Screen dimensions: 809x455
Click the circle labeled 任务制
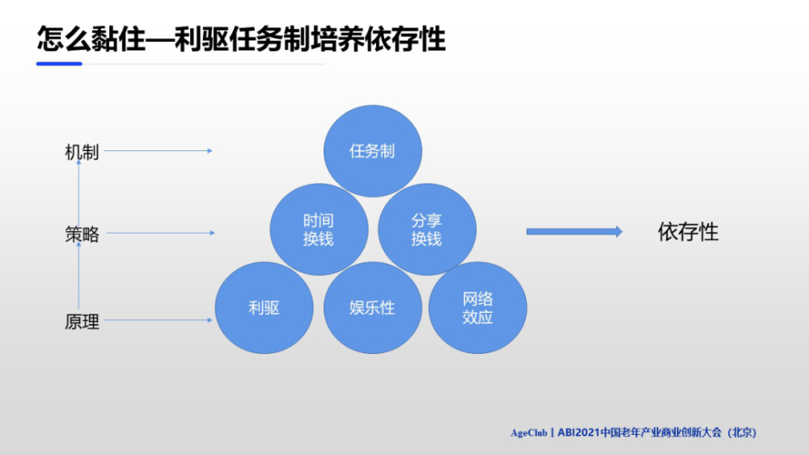click(x=372, y=151)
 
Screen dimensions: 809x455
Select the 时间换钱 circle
click(x=319, y=230)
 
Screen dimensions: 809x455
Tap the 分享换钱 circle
click(x=427, y=230)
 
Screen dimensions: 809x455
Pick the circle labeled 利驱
click(x=265, y=308)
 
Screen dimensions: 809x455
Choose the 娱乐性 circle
click(x=372, y=308)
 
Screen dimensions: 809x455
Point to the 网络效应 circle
click(x=478, y=308)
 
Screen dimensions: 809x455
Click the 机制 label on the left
click(x=82, y=153)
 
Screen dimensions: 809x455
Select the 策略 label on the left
click(x=82, y=234)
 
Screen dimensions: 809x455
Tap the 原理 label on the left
click(x=82, y=322)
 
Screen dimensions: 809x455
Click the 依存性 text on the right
click(x=688, y=232)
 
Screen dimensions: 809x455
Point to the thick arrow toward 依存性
click(x=574, y=232)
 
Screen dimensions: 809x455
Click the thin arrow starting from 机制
click(x=159, y=151)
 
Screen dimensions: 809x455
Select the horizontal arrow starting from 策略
click(x=160, y=233)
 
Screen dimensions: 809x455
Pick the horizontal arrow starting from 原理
click(x=159, y=320)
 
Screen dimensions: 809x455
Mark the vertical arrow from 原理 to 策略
click(x=78, y=275)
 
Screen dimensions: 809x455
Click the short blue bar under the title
click(x=59, y=64)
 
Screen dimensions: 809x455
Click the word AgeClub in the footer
click(x=529, y=433)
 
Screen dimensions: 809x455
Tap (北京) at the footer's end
click(x=742, y=433)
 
